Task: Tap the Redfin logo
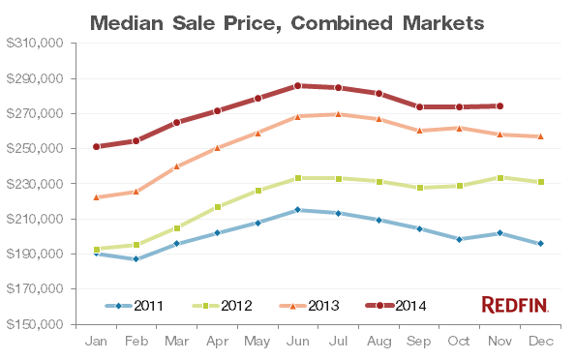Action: point(515,306)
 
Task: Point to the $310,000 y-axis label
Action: point(35,44)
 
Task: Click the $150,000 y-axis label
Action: point(35,324)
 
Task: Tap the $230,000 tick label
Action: point(35,184)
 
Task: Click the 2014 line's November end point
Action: point(499,106)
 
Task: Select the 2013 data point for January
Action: point(96,196)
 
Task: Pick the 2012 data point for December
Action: point(540,182)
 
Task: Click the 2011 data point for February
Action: point(136,258)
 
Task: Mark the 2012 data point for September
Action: point(419,188)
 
